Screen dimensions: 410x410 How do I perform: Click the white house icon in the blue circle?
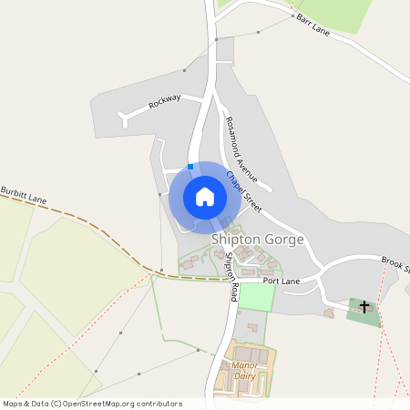click(x=205, y=197)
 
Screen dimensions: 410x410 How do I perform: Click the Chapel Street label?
click(x=244, y=192)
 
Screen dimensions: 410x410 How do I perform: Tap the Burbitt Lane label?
click(x=24, y=197)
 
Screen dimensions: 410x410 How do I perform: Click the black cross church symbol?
click(x=364, y=307)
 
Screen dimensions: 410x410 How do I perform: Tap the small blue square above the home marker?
click(x=190, y=165)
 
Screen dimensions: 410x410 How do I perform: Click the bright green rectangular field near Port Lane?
click(x=257, y=297)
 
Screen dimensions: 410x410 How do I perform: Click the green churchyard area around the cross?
click(x=357, y=314)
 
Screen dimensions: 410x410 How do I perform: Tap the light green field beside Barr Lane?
click(x=337, y=13)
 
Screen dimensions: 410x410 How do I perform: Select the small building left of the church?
click(x=328, y=313)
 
